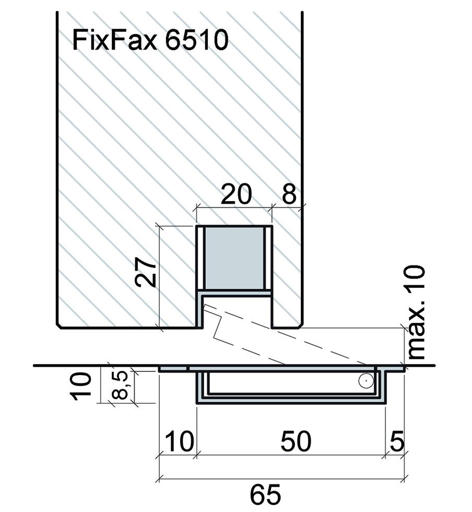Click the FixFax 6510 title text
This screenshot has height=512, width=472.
click(x=150, y=40)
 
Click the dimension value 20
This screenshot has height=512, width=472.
click(x=236, y=194)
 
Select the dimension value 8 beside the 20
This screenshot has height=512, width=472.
click(x=289, y=194)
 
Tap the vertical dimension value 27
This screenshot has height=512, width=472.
click(x=146, y=272)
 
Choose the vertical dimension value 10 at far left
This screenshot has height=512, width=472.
click(x=80, y=386)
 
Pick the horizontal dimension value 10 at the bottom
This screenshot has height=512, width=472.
click(x=180, y=441)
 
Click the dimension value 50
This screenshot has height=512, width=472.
click(x=296, y=441)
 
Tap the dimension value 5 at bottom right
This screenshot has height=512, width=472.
click(x=397, y=441)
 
